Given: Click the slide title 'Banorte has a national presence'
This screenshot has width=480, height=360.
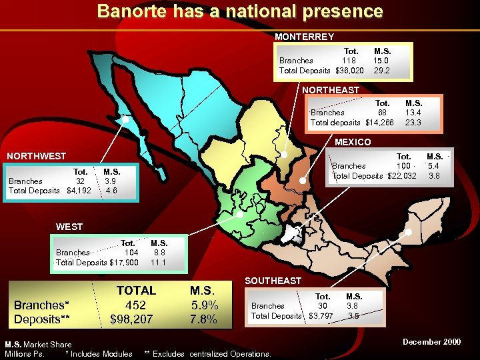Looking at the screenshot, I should coord(240,11).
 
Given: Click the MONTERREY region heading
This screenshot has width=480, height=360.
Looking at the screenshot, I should coord(304,37).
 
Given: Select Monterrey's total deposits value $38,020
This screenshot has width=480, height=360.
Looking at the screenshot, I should coord(350,70).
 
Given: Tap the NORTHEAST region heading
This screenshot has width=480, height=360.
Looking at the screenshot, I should coord(331,89).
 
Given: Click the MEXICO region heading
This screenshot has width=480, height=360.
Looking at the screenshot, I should coord(353,142).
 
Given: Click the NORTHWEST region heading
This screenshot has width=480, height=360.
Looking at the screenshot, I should coord(36,156).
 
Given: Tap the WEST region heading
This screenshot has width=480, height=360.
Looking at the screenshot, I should coord(69,227).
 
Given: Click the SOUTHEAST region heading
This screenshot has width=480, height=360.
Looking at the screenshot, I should coord(273,281).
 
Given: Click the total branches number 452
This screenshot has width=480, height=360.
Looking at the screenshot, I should coord(136,305).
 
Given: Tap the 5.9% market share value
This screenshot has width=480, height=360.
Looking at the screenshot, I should coord(203,305).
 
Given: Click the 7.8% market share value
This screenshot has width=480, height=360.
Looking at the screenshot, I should coord(203,319).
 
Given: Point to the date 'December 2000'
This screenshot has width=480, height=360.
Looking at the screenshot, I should coord(431,342).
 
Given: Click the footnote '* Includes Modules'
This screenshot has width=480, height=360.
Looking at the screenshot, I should coord(99,353).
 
